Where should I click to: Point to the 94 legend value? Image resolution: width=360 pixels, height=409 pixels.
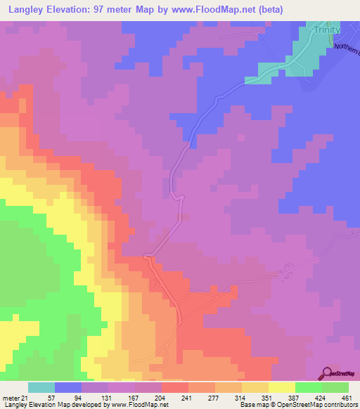point(77,397)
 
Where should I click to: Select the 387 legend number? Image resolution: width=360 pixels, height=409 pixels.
point(292,397)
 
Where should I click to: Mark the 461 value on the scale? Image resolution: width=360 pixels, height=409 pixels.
point(345,397)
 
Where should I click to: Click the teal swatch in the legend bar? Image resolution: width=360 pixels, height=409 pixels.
point(41,387)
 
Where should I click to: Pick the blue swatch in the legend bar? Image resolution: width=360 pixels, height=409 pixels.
point(68,387)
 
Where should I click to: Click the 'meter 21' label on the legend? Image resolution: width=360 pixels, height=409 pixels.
point(15,397)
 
